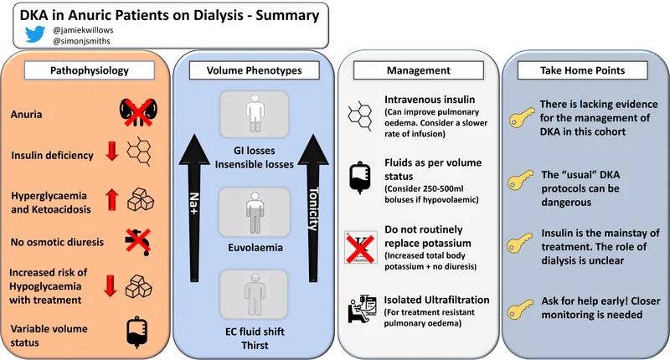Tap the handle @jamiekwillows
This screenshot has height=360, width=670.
[x=83, y=29]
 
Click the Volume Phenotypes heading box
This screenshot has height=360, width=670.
[x=254, y=71]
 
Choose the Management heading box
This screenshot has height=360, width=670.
[x=418, y=71]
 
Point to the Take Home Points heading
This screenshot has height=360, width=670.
[x=583, y=71]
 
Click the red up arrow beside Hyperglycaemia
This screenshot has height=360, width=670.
[x=111, y=198]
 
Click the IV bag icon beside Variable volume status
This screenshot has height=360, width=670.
[x=136, y=329]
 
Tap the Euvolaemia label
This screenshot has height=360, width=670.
[x=254, y=249]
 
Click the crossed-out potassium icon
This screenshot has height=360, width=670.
[x=361, y=247]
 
